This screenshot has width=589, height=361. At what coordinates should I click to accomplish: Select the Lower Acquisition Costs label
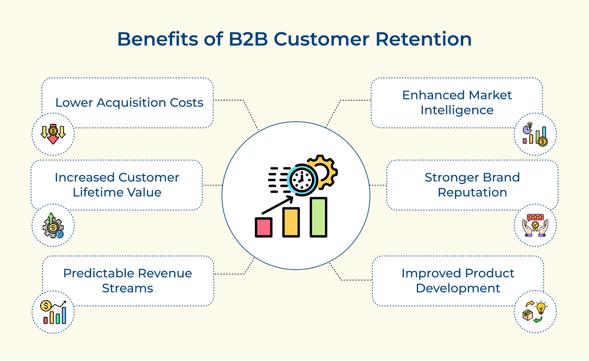129,103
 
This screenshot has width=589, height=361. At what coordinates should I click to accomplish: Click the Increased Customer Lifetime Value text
117,185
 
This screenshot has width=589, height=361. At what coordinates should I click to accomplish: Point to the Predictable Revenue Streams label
127,280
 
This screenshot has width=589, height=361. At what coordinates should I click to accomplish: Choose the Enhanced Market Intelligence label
457,103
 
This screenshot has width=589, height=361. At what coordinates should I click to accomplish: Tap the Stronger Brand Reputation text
472,185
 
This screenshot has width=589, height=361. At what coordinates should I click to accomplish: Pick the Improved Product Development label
458,280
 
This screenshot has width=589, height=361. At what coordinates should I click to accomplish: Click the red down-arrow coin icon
53,134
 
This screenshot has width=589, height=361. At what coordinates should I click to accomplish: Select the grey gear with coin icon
53,226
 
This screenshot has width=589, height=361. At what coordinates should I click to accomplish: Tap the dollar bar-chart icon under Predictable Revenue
54,312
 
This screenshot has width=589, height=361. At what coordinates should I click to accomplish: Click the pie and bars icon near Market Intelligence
535,135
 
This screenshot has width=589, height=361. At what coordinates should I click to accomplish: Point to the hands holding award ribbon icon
535,225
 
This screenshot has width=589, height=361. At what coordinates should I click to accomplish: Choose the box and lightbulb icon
535,312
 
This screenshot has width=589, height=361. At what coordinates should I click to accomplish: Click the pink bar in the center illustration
264,227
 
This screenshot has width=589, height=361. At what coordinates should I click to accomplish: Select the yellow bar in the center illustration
291,222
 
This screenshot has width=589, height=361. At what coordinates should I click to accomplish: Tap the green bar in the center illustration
318,217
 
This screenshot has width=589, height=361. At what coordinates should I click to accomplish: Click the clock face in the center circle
302,180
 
